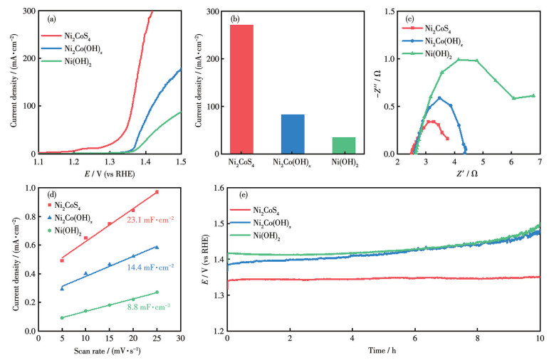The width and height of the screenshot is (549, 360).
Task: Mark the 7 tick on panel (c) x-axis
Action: tap(540, 163)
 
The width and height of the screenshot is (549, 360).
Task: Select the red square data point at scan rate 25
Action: tap(157, 192)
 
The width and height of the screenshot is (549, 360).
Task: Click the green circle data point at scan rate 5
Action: tap(62, 318)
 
